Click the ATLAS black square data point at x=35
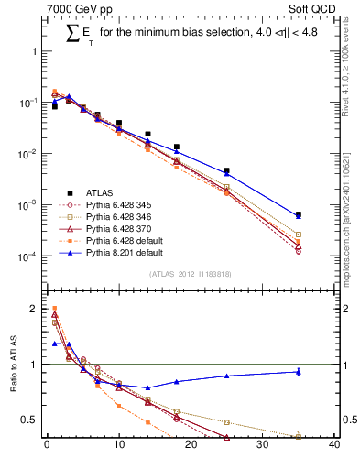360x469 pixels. (299, 214)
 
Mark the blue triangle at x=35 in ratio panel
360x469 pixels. (299, 372)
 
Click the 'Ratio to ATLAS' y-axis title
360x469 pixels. (13, 385)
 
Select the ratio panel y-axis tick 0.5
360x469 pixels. (30, 420)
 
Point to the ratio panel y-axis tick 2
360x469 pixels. (36, 309)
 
